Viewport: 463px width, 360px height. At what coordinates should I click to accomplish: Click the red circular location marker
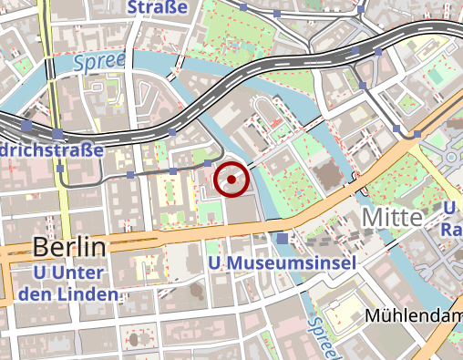tap(231, 180)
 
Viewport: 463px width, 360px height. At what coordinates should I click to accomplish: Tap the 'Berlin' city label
tap(69, 246)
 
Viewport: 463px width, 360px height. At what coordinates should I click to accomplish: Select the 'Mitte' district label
tap(393, 218)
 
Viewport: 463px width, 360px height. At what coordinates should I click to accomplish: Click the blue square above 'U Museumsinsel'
tap(283, 239)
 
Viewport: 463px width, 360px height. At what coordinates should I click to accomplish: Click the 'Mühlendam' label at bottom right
tap(413, 315)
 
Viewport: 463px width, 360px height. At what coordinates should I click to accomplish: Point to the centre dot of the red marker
tap(231, 180)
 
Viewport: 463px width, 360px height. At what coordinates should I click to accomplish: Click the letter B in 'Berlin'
tap(41, 246)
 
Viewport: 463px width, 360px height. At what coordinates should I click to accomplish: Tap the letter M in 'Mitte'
tap(372, 218)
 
